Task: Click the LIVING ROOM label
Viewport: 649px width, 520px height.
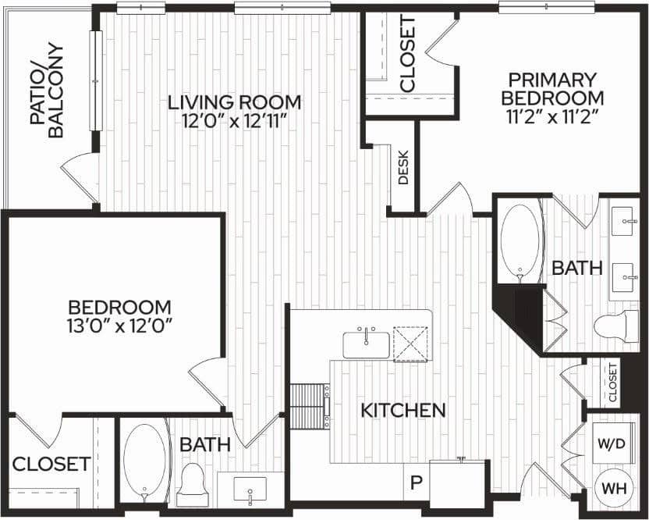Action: pyautogui.click(x=236, y=102)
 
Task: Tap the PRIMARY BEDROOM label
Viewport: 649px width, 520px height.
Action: pyautogui.click(x=552, y=88)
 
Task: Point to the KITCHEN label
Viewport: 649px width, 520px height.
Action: pyautogui.click(x=403, y=409)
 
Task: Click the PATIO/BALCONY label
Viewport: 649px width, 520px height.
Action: pyautogui.click(x=46, y=90)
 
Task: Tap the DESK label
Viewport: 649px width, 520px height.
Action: pyautogui.click(x=403, y=166)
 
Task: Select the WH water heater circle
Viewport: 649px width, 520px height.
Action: pyautogui.click(x=611, y=488)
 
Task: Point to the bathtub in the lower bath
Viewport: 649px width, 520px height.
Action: pyautogui.click(x=144, y=462)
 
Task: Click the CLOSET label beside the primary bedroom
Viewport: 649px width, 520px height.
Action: pyautogui.click(x=407, y=53)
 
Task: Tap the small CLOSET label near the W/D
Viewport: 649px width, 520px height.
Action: pyautogui.click(x=613, y=383)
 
